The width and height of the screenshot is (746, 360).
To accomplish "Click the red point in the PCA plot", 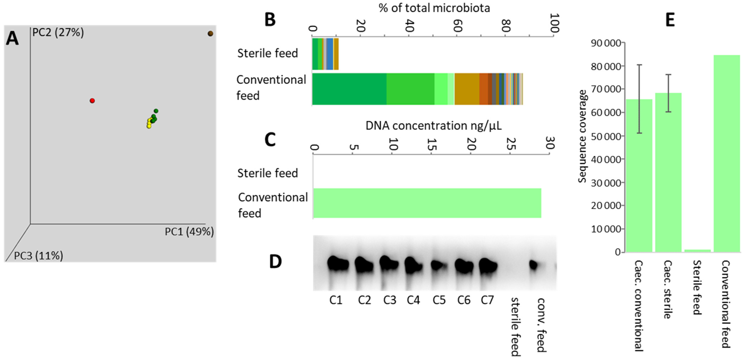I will (x=92, y=101).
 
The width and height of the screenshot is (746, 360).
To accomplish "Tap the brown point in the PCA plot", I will (x=210, y=34).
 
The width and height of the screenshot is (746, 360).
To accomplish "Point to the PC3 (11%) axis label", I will (x=38, y=256).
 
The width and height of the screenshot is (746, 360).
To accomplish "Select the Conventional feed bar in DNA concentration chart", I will (x=427, y=203).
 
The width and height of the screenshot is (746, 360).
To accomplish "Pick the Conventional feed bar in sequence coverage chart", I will (x=727, y=153).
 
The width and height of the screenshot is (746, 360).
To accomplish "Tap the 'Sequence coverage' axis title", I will (x=582, y=136).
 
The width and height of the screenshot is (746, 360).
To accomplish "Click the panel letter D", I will (x=275, y=262).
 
